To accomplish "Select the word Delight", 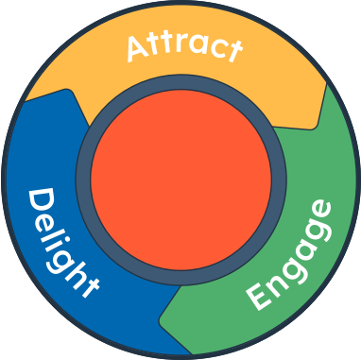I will [60, 243].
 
